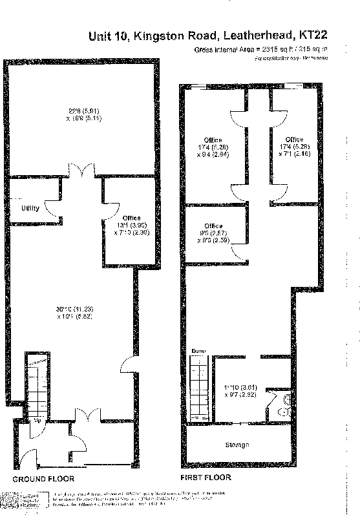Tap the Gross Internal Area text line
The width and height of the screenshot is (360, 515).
coord(260,49)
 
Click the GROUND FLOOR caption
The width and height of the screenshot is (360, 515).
coord(43,479)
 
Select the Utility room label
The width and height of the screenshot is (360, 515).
coord(31,209)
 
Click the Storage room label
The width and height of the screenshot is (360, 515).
coord(238,445)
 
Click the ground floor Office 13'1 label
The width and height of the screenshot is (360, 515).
coord(131,218)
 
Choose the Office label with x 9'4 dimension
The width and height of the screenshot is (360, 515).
coord(213,140)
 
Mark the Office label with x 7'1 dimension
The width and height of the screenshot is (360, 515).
coord(294,140)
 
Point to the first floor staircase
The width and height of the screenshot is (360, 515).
coord(199,388)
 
